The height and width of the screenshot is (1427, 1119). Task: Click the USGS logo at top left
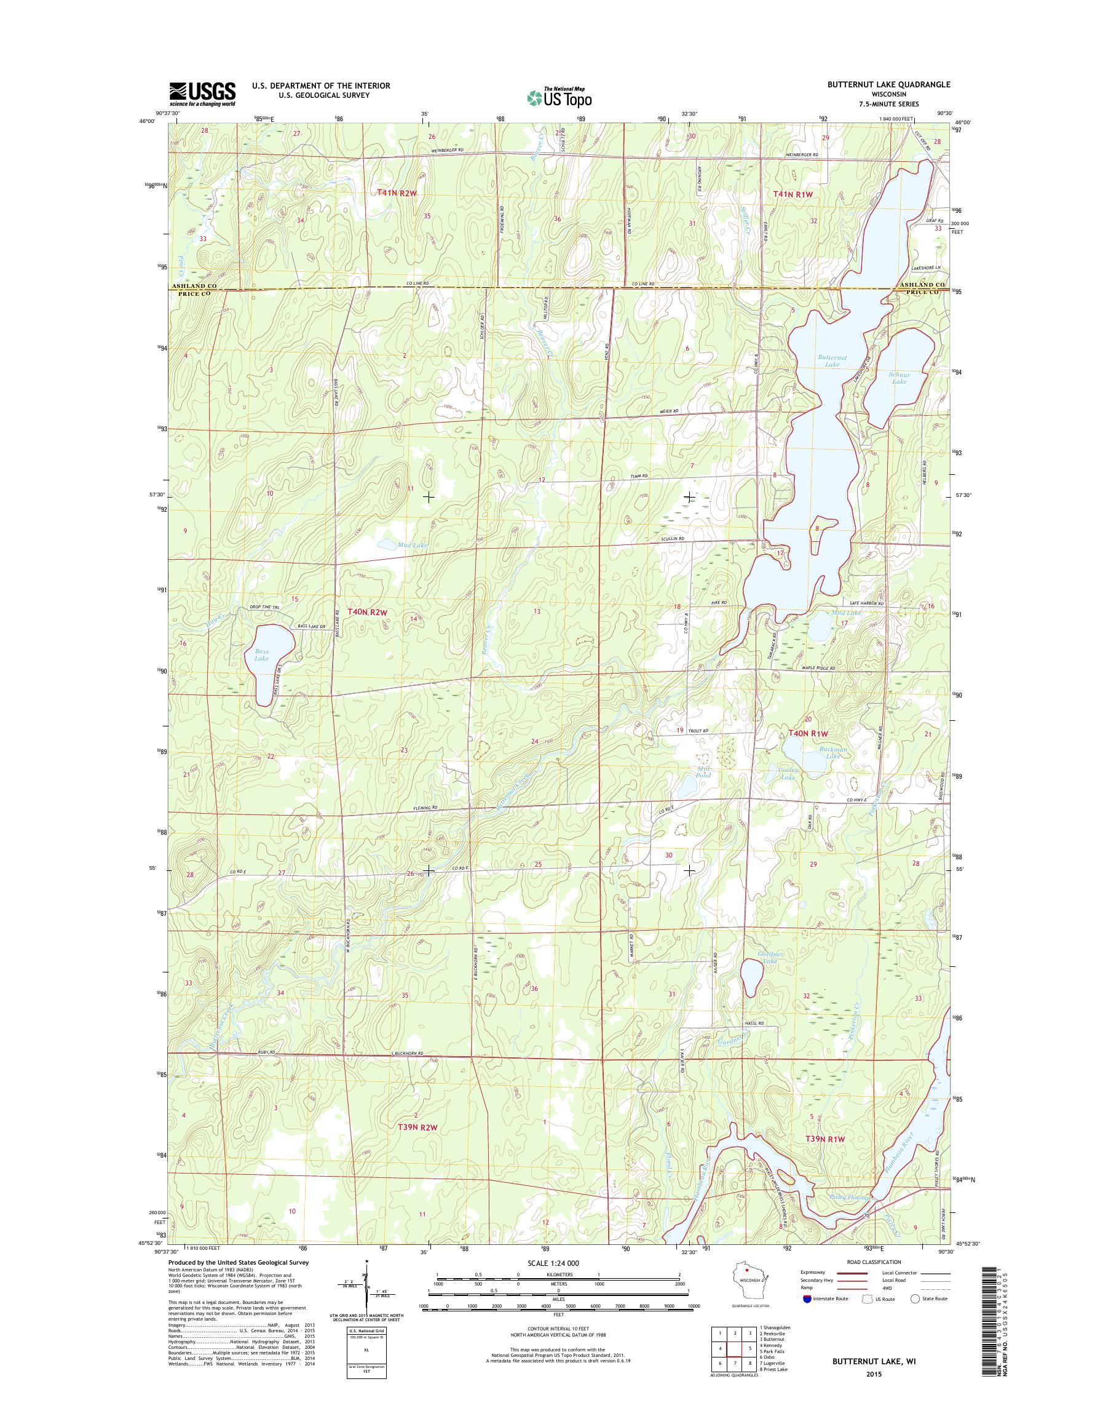click(x=202, y=93)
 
